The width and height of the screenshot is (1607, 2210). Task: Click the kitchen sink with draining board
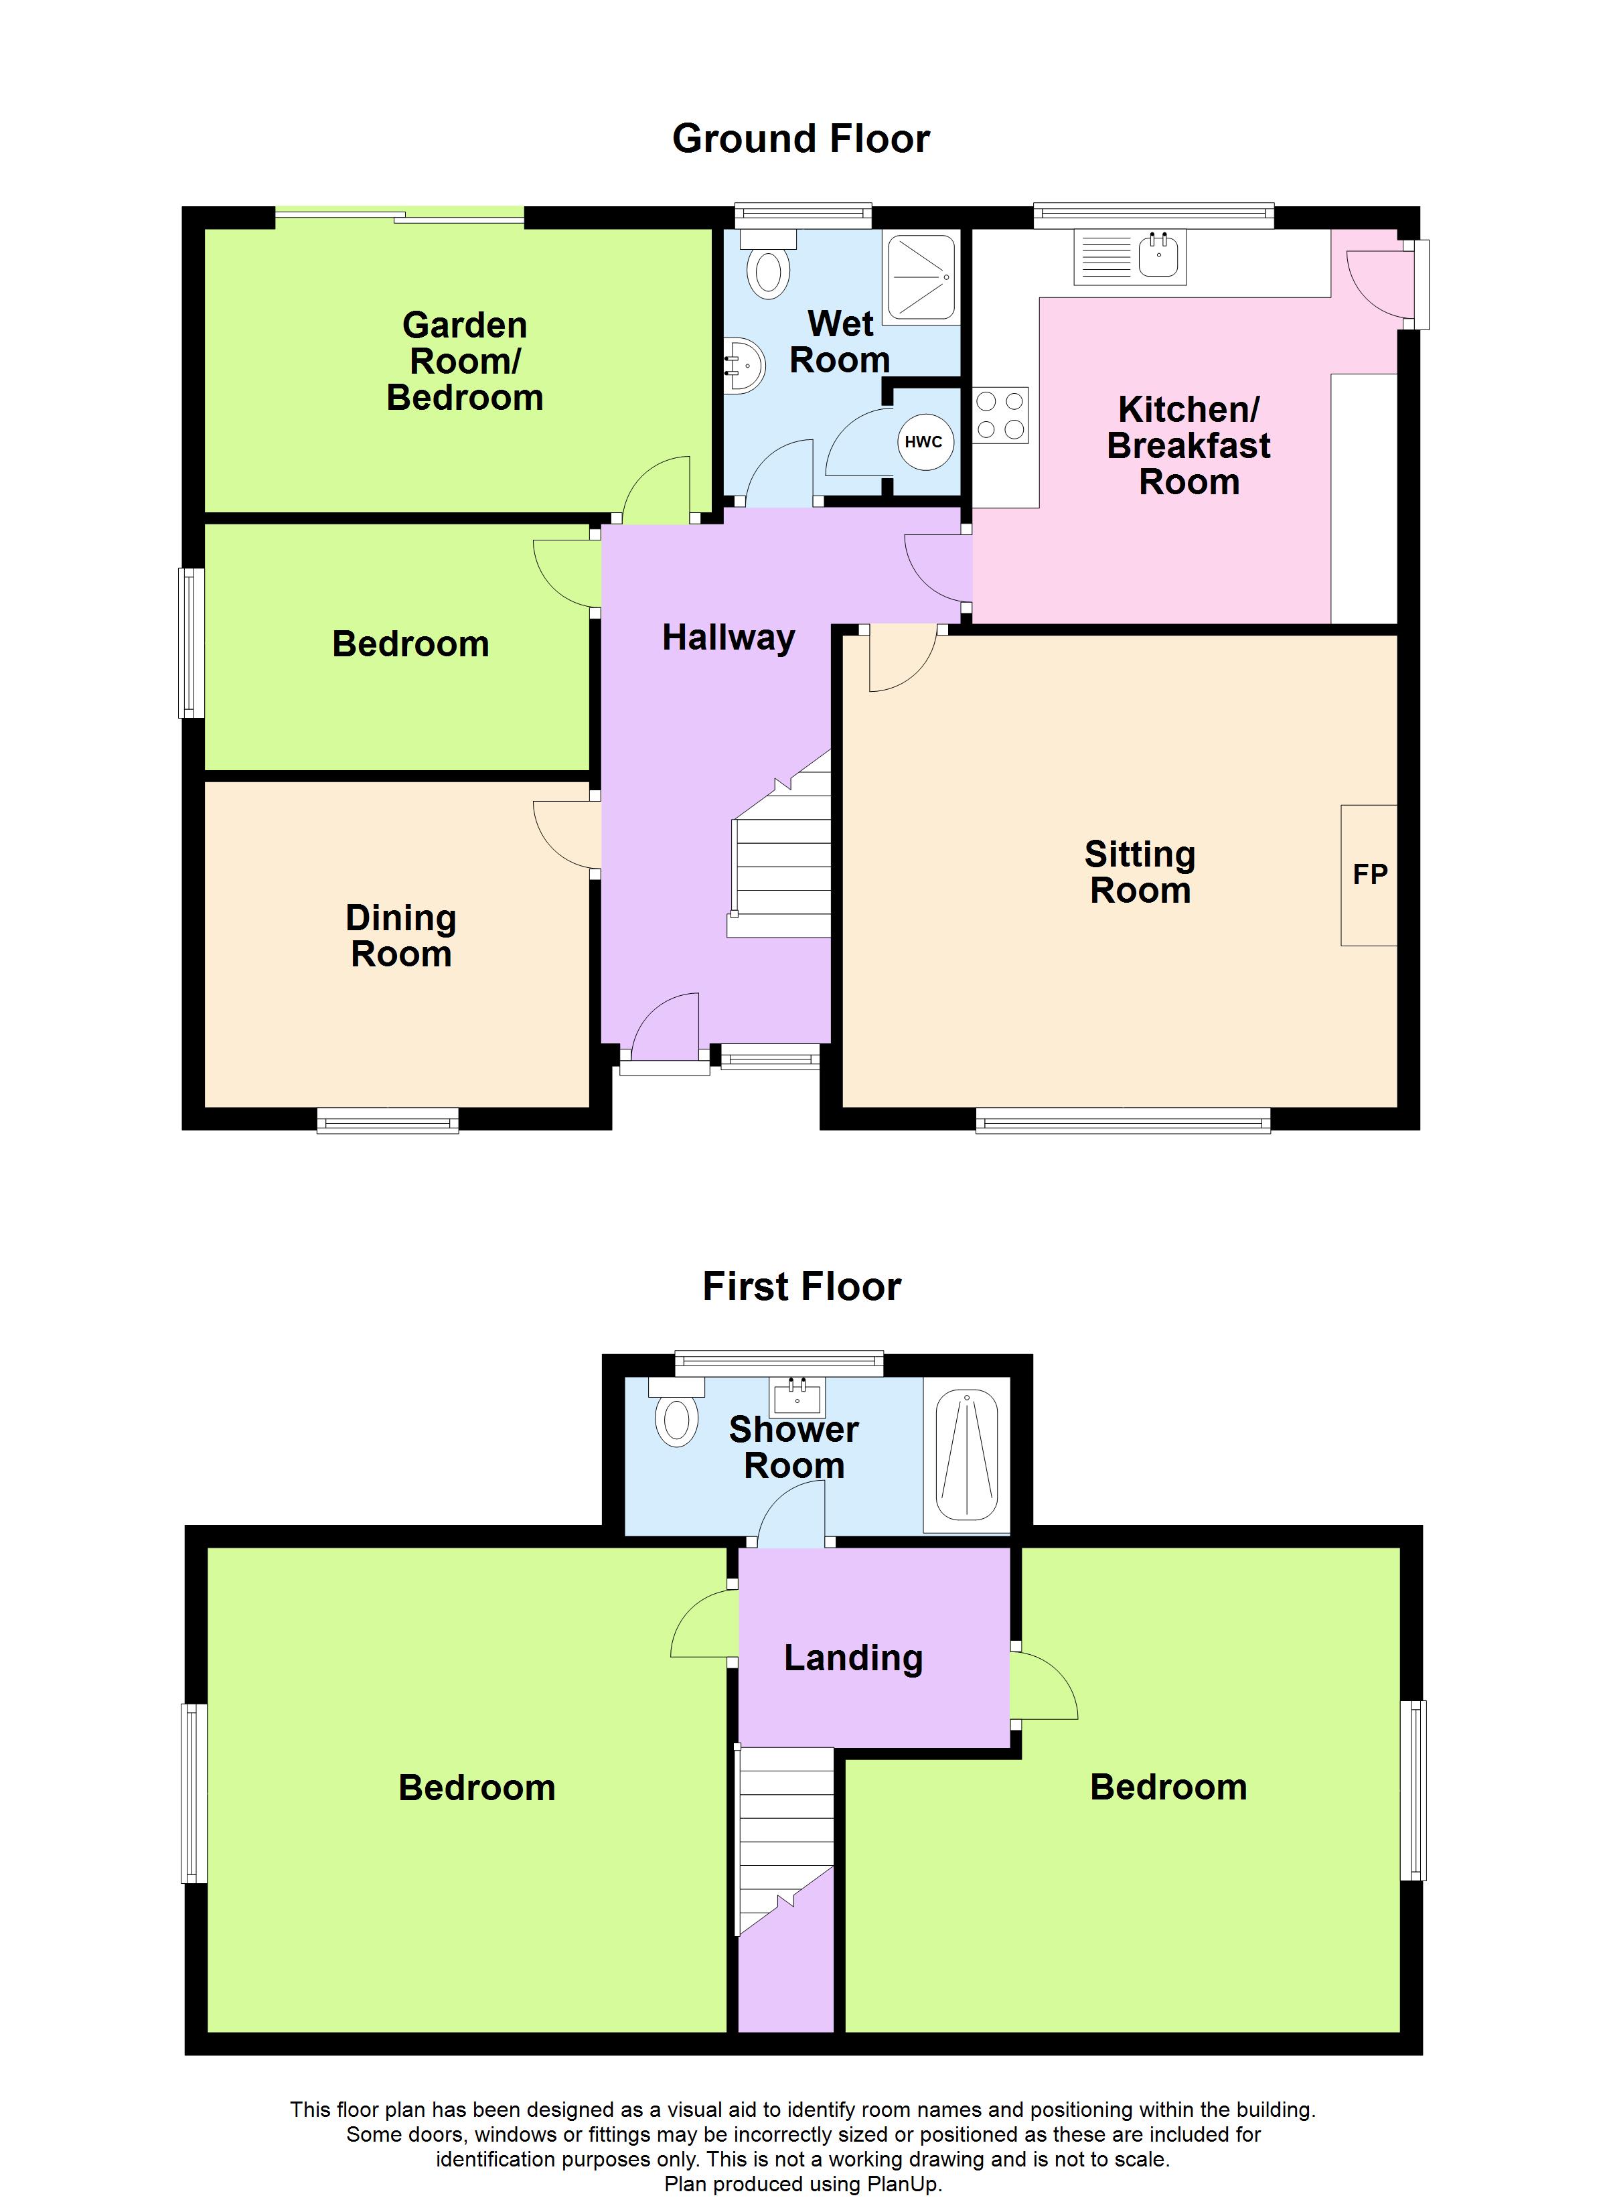point(1130,257)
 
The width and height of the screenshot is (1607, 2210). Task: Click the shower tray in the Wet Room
point(920,279)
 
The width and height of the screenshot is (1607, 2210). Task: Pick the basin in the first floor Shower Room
point(797,1398)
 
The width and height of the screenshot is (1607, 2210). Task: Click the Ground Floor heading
point(801,139)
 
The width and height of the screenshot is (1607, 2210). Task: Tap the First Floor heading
point(801,1286)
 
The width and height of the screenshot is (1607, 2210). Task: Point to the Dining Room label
point(400,936)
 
